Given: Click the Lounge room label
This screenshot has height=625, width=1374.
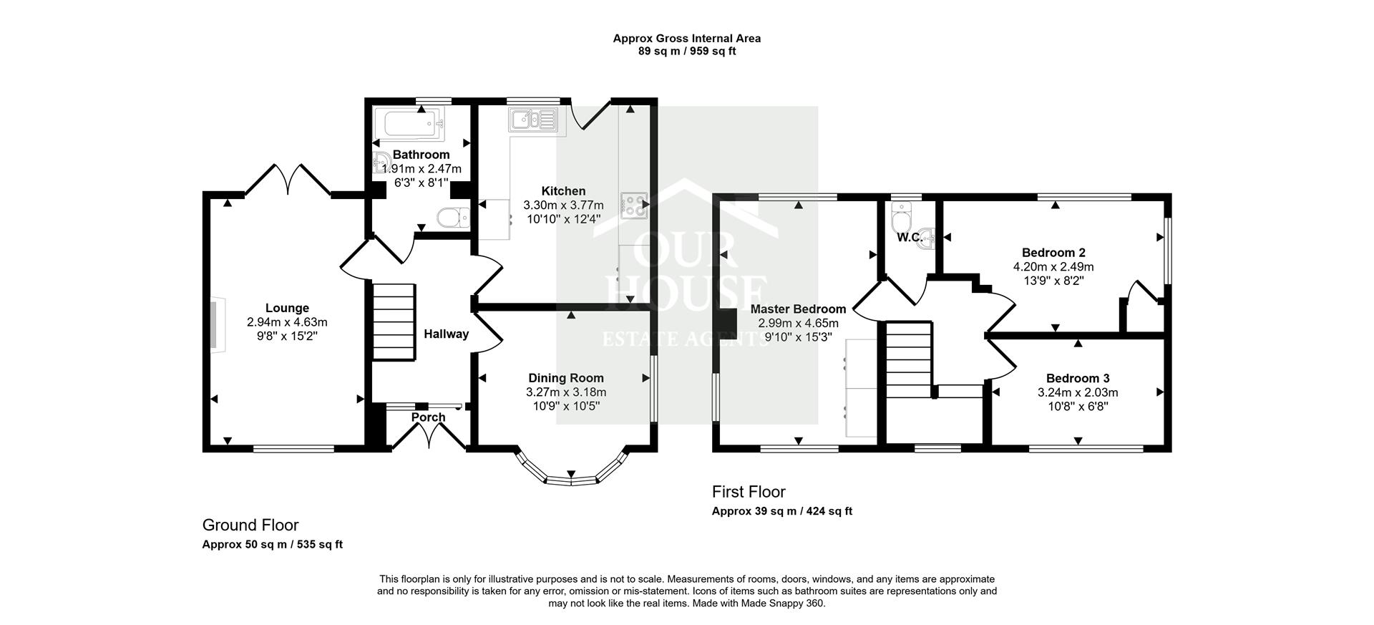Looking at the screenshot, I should click(287, 309).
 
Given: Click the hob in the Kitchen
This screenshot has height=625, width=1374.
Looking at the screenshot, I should click(633, 205).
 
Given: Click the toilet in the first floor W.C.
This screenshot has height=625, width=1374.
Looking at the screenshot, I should click(901, 213).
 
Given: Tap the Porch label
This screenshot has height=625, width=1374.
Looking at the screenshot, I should click(428, 417).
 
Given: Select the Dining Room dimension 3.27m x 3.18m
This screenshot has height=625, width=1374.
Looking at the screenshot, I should click(565, 392).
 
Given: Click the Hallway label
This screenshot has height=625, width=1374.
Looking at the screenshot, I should click(446, 334).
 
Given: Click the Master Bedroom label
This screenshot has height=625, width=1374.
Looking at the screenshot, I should click(798, 309).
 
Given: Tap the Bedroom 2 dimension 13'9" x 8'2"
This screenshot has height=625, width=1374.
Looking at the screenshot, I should click(1053, 281).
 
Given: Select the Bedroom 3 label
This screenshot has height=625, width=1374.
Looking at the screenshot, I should click(1077, 378).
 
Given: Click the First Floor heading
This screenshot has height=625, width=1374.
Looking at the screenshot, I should click(748, 492).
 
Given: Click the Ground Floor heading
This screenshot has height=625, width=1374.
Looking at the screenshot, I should click(250, 525).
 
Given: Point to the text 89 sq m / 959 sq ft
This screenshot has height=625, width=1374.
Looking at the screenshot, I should click(686, 52).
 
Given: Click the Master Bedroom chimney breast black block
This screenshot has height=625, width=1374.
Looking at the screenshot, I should click(728, 323).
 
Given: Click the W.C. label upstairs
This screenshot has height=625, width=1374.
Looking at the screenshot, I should click(909, 237).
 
